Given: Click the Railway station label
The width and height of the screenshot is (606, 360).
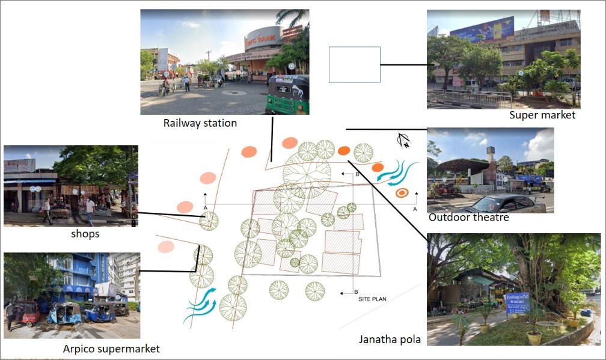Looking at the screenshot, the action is click(x=200, y=123).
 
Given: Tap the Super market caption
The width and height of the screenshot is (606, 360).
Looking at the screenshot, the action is click(x=542, y=115).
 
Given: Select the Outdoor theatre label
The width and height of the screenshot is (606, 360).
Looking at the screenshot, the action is click(x=468, y=217).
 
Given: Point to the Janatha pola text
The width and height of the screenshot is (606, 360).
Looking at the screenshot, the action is click(x=390, y=340).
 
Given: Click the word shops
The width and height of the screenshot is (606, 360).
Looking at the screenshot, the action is click(x=85, y=234).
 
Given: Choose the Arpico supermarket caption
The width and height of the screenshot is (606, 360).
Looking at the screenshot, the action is click(x=111, y=349).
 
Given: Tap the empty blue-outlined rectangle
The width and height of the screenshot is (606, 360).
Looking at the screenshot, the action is click(x=355, y=64).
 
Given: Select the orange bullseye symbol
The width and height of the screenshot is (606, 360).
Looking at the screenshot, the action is click(x=402, y=193).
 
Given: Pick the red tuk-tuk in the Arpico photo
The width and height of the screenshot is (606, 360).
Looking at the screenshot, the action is click(x=27, y=313).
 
